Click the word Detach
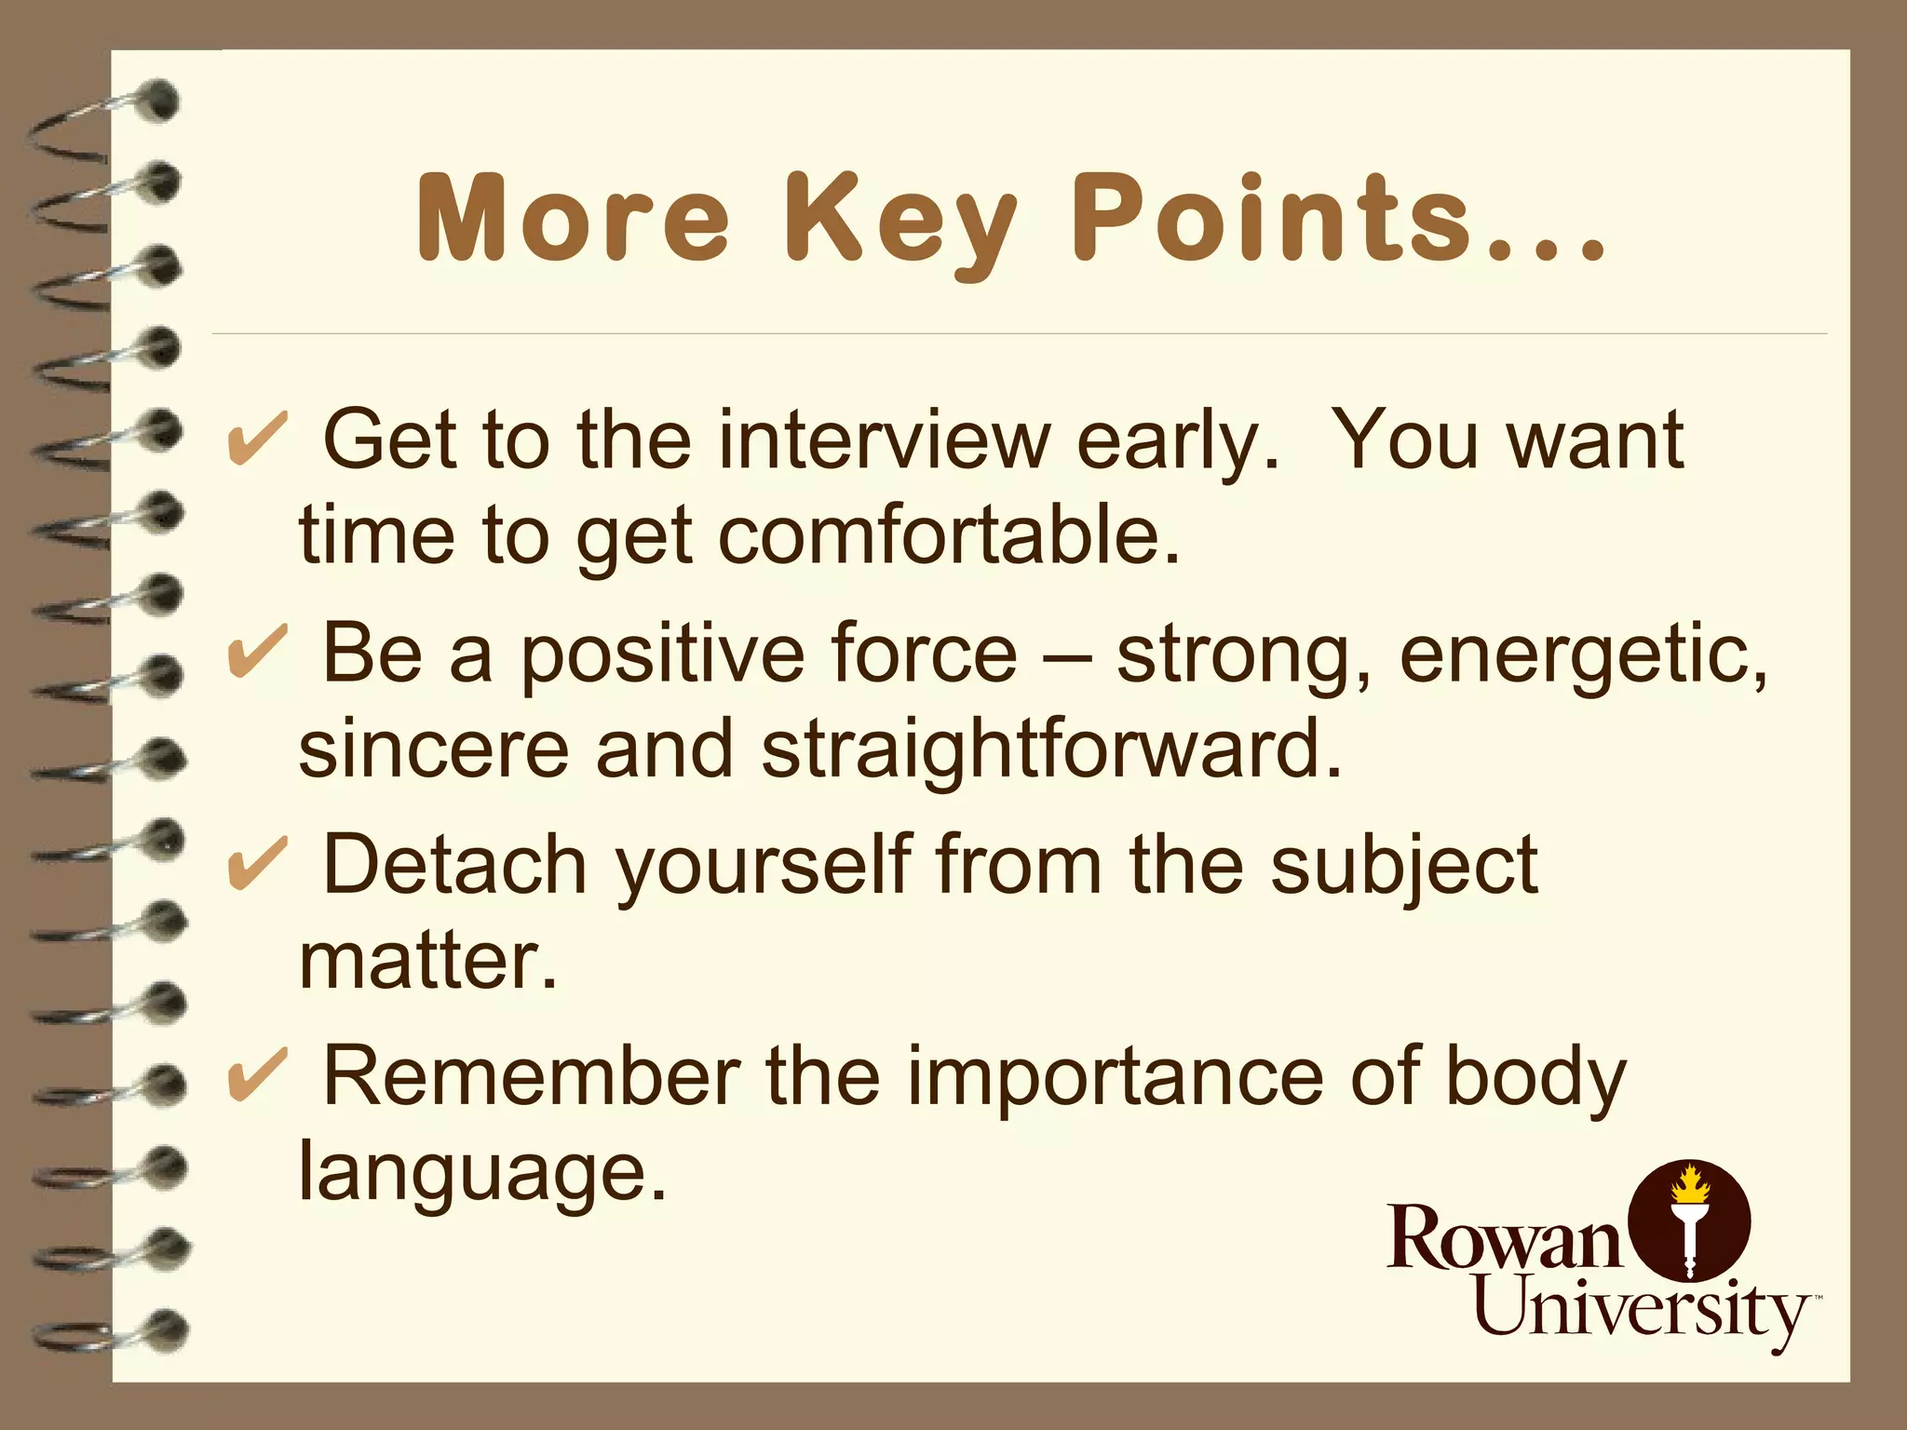coord(454,866)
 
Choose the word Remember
coord(532,1078)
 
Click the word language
coord(481,1175)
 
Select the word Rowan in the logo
coord(1503,1238)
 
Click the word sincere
coord(433,750)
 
